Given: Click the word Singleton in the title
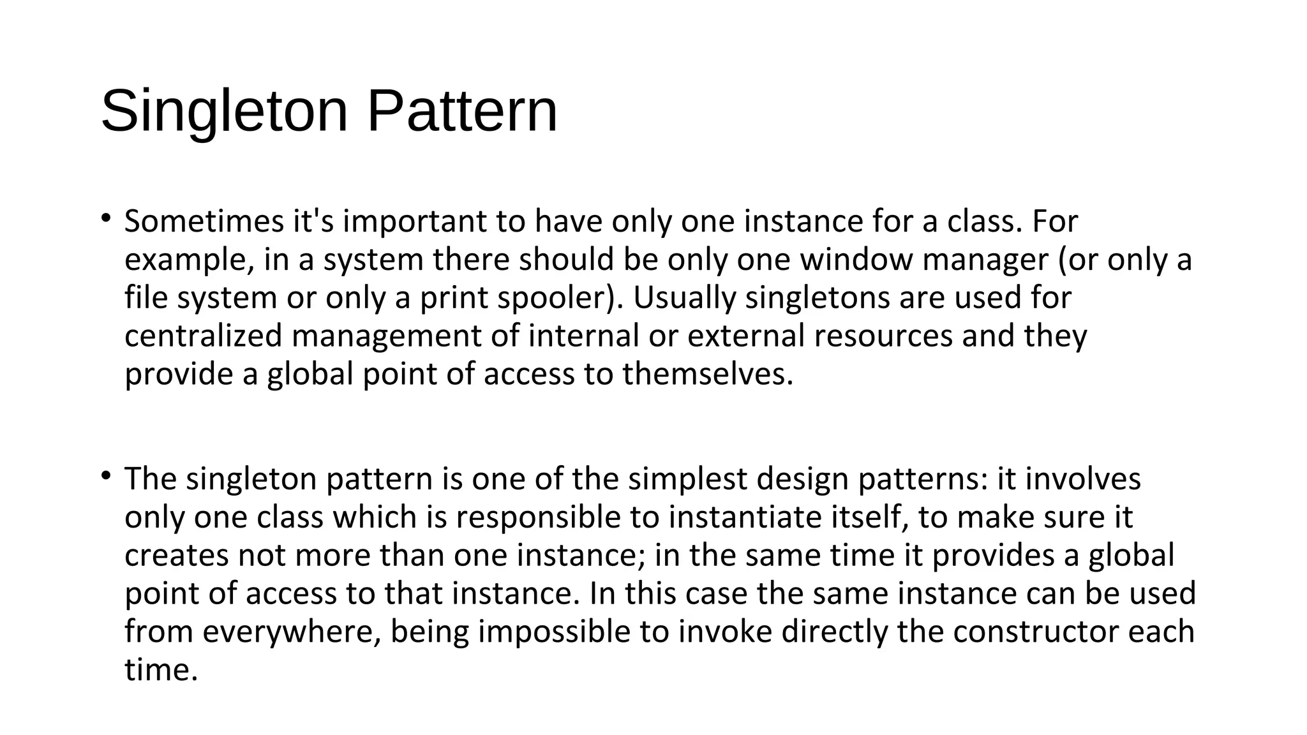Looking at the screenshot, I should [x=224, y=112].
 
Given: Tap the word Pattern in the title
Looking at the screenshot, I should [x=462, y=112].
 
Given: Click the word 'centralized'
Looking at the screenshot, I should [x=203, y=336].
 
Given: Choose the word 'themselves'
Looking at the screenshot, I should [x=708, y=374].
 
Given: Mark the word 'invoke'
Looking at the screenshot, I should [x=725, y=632].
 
